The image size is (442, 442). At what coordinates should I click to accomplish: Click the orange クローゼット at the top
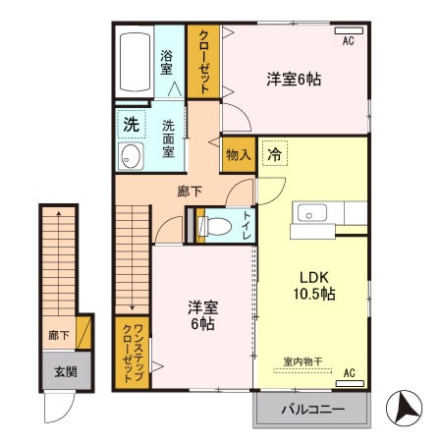(203, 60)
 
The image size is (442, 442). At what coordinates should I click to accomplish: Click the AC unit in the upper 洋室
(347, 40)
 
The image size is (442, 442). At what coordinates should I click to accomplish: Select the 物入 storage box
(238, 155)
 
